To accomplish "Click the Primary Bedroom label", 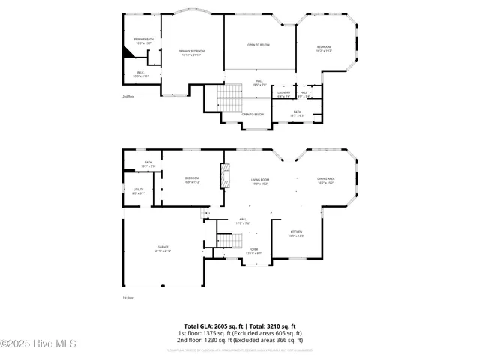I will click(x=192, y=52).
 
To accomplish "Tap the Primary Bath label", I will click(x=143, y=40).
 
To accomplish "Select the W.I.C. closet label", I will click(x=141, y=74).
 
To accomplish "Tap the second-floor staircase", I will click(x=229, y=96).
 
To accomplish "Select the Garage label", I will click(x=163, y=249).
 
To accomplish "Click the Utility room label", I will click(x=139, y=191).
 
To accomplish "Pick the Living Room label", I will click(x=259, y=181).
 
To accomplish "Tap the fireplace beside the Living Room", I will click(x=223, y=177).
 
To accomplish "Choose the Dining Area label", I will click(x=326, y=181).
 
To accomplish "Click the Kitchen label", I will click(x=297, y=234).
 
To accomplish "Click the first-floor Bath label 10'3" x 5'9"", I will click(x=148, y=164).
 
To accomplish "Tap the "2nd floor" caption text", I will click(x=127, y=97).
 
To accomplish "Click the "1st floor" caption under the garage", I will click(x=127, y=298).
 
